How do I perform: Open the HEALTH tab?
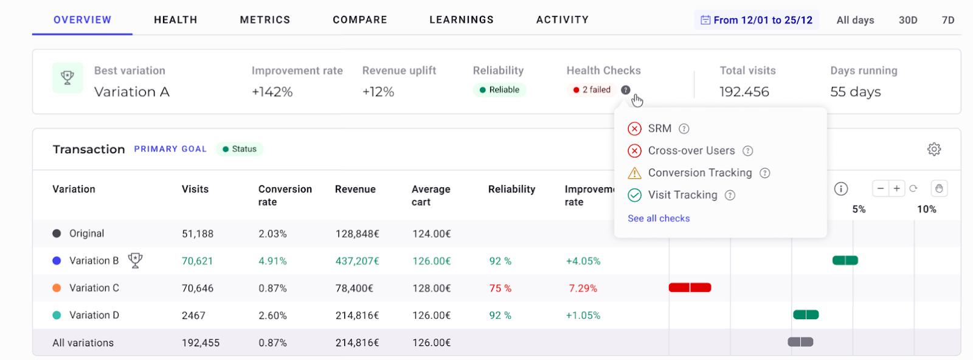pyautogui.click(x=175, y=20)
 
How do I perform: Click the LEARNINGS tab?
pyautogui.click(x=462, y=20)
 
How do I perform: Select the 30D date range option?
pyautogui.click(x=908, y=20)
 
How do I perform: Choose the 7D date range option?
pyautogui.click(x=948, y=20)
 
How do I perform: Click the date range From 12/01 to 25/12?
pyautogui.click(x=757, y=20)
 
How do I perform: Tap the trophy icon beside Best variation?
pyautogui.click(x=68, y=78)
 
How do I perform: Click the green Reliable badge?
pyautogui.click(x=499, y=90)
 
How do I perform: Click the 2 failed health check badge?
pyautogui.click(x=592, y=90)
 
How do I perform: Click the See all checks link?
pyautogui.click(x=659, y=218)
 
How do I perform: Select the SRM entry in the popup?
pyautogui.click(x=659, y=129)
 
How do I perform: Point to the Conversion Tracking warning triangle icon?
pyautogui.click(x=634, y=173)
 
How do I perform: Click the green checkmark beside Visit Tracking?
pyautogui.click(x=634, y=195)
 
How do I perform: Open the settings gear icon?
pyautogui.click(x=934, y=149)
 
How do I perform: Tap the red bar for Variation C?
pyautogui.click(x=690, y=288)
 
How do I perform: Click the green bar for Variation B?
pyautogui.click(x=845, y=260)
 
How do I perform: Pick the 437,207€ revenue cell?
pyautogui.click(x=357, y=261)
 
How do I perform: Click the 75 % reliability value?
pyautogui.click(x=500, y=288)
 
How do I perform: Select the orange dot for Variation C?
pyautogui.click(x=57, y=288)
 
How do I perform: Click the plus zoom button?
pyautogui.click(x=896, y=189)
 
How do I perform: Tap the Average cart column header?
pyautogui.click(x=431, y=195)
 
